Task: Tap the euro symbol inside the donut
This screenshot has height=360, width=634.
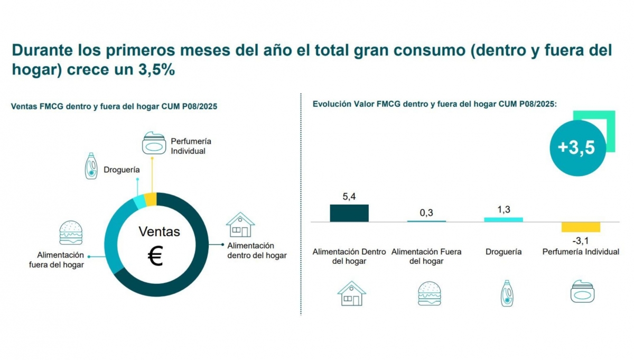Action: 155,257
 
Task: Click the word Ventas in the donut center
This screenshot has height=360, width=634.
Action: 159,232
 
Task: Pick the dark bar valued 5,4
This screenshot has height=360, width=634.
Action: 349,213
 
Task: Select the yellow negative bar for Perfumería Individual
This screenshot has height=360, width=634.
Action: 581,227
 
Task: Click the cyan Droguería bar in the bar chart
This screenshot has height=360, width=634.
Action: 504,219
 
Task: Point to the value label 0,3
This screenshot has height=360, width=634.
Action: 426,213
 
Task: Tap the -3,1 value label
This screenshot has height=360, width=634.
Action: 581,241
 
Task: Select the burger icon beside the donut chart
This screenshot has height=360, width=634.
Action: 71,233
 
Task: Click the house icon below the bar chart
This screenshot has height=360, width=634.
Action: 351,293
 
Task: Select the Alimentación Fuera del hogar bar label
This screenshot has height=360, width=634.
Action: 426,256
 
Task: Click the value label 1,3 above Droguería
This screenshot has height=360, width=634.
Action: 504,209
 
